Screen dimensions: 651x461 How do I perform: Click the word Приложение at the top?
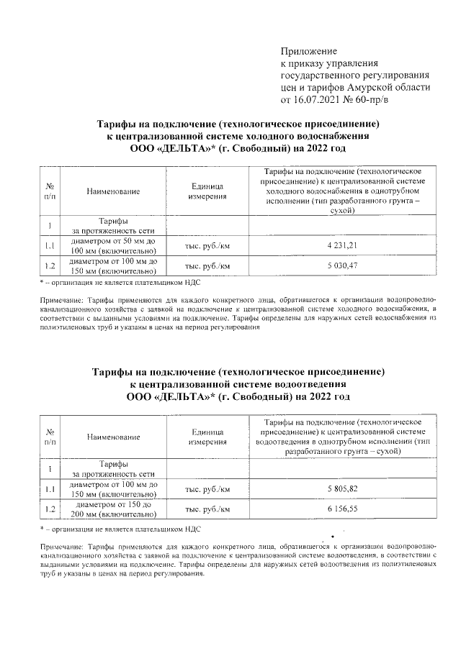coord(308,51)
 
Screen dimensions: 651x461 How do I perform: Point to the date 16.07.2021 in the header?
coord(319,99)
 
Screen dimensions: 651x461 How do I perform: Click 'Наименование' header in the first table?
coord(113,191)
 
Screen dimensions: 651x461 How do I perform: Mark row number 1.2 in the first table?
coord(50,266)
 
